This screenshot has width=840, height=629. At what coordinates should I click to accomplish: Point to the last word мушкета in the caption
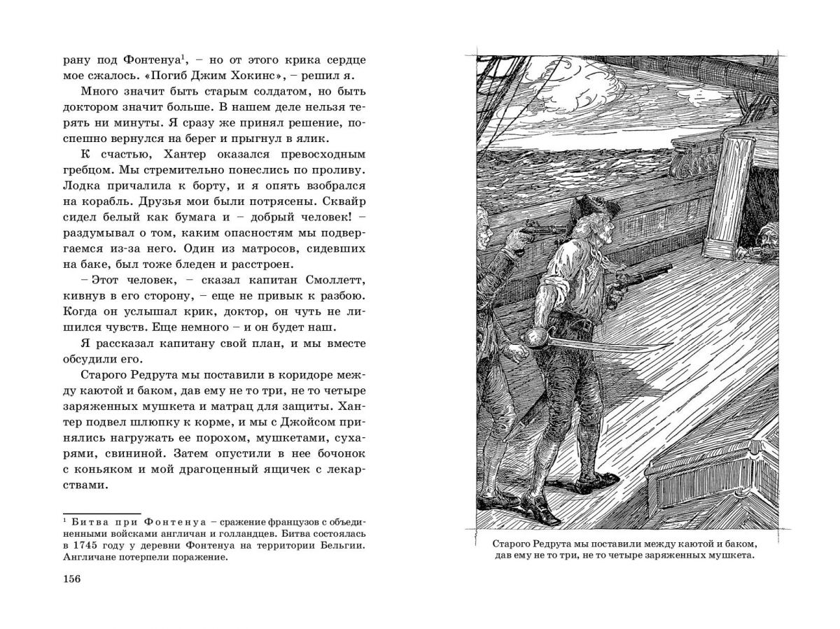pos(729,556)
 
